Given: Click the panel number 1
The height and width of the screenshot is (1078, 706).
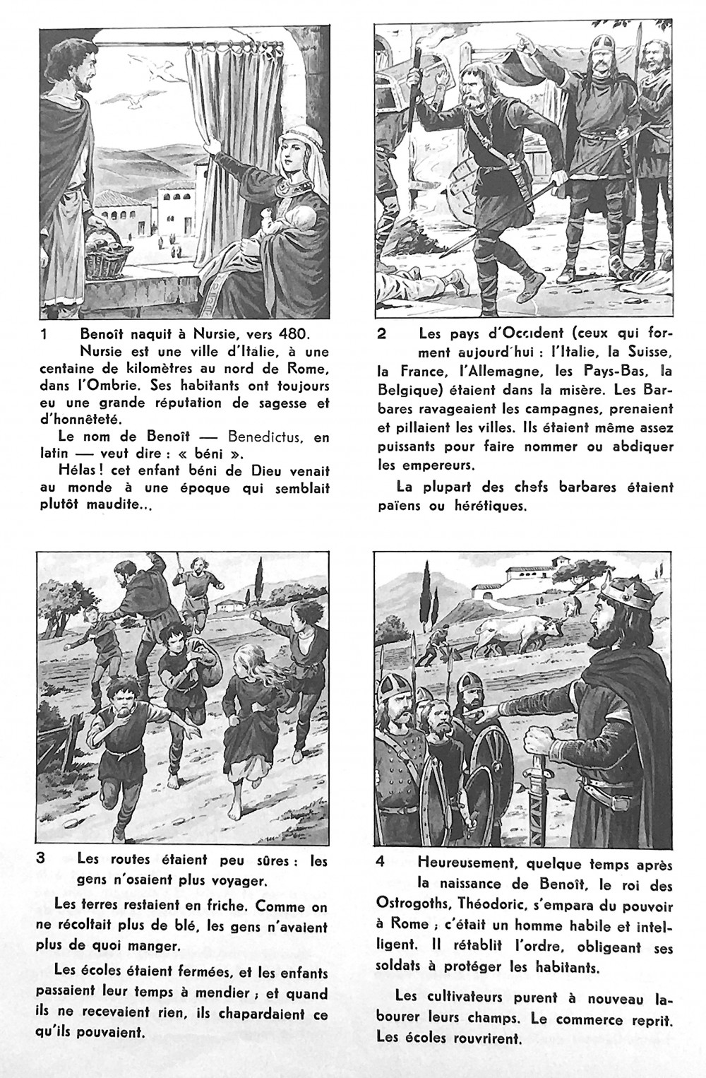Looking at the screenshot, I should pos(44,334).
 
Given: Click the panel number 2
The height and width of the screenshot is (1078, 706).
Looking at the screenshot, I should pos(381,334).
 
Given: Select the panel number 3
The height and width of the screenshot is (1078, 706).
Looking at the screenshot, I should pos(42,860).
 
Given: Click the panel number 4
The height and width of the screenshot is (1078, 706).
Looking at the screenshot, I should pos(381,863).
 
